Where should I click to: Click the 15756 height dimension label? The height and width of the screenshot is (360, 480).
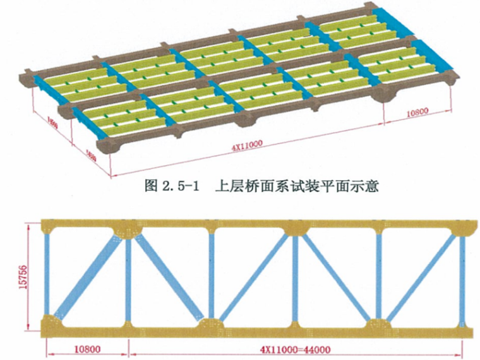point(15,275)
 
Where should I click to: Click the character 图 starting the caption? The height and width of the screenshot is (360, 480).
point(152,187)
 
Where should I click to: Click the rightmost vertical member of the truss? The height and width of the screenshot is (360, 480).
point(462,276)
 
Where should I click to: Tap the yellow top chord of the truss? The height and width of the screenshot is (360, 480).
point(253,226)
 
